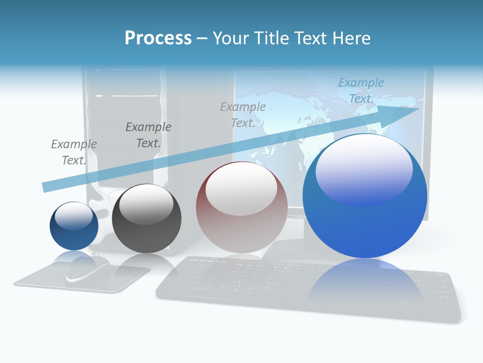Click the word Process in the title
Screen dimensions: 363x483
[x=158, y=38]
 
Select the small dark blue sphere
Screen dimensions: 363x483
[x=74, y=226]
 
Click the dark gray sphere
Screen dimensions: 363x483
[x=146, y=219]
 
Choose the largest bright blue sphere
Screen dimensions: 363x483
[x=365, y=197]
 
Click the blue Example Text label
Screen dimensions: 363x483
[x=361, y=91]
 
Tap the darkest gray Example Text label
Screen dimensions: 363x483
[x=148, y=135]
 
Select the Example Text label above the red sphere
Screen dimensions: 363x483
[x=243, y=115]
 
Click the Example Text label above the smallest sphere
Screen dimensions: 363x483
[x=74, y=152]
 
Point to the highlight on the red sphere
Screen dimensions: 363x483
[x=241, y=189]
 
